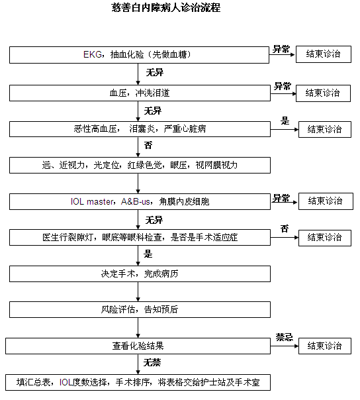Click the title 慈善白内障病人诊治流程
pos(166,8)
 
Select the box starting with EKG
pos(139,55)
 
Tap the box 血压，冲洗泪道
pos(140,93)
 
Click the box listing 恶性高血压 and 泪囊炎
pos(140,129)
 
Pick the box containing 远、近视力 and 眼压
pos(140,166)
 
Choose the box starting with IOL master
pos(140,201)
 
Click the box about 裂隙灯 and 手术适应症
pos(140,238)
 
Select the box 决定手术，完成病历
pos(140,274)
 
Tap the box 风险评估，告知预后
pos(140,309)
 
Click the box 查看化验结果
pos(138,346)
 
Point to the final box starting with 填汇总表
pos(138,382)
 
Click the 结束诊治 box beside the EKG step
pos(324,54)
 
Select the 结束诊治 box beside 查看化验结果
pos(325,346)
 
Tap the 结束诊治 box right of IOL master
pos(326,201)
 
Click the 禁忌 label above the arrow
pos(285,337)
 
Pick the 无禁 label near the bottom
pos(152,362)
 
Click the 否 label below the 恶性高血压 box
pos(148,146)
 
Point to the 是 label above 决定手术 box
pos(148,254)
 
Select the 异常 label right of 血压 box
pos(283,86)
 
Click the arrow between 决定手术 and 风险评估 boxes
pos(138,292)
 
